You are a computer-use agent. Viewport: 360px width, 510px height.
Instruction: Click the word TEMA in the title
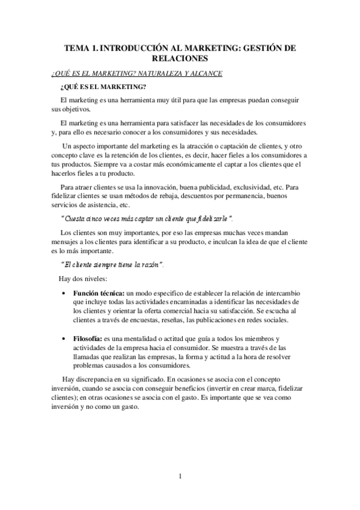click(79, 47)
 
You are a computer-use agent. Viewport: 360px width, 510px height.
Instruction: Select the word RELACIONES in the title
click(180, 58)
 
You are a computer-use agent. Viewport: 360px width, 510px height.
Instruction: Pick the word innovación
click(160, 188)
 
